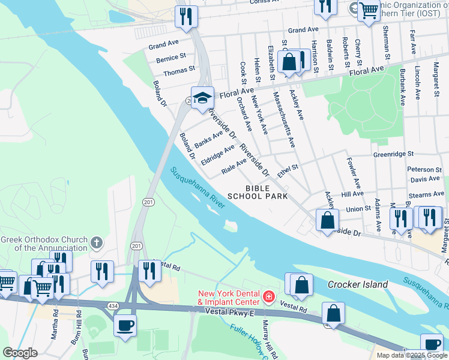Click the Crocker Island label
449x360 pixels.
pos(358,284)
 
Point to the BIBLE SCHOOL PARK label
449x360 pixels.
pos(258,191)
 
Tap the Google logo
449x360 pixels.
pos(20,353)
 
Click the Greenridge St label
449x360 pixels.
pos(394,154)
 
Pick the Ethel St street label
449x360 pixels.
pos(288,170)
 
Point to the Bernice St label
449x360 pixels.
pos(171,58)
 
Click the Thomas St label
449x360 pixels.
pos(179,71)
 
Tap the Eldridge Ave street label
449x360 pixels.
pos(218,155)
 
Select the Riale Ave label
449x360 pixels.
pos(234,166)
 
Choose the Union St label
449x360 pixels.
pos(358,209)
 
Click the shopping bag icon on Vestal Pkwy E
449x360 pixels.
pos(333,313)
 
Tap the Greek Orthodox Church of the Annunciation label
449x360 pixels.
pos(44,243)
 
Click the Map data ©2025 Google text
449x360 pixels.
pos(411,355)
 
